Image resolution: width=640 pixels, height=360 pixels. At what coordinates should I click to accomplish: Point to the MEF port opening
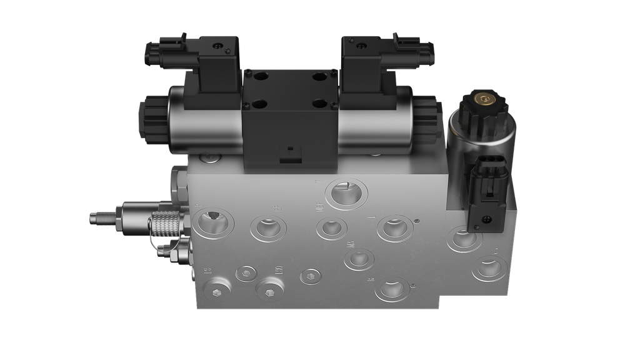tap(329, 227)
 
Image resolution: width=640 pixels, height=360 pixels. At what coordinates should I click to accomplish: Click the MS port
tap(359, 259)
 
